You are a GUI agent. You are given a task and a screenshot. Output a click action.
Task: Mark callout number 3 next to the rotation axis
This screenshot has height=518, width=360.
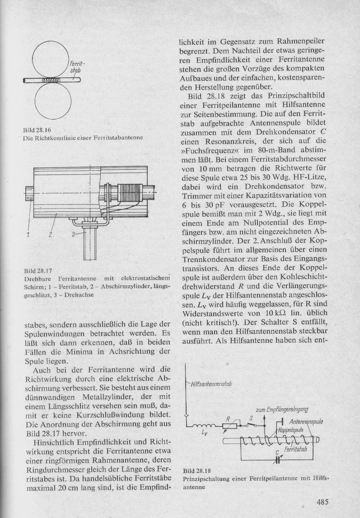point(73,234)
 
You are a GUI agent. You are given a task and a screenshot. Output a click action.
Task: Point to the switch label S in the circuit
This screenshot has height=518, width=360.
point(251,419)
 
